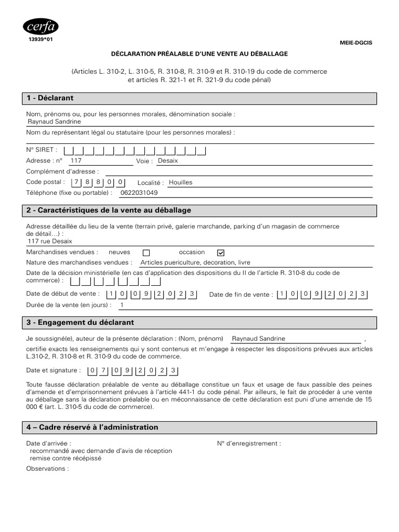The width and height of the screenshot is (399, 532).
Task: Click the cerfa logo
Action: (x=41, y=26)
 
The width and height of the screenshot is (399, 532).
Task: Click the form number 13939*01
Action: (x=41, y=39)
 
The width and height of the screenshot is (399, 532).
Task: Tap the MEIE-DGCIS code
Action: (x=356, y=43)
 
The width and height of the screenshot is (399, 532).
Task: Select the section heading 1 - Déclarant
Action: (x=50, y=98)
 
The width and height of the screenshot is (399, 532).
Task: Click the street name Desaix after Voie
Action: (x=168, y=161)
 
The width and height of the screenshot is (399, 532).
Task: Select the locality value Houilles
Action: (x=181, y=182)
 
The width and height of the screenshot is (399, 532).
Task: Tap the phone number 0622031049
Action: (x=139, y=193)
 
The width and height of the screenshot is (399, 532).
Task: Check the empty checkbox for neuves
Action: (x=146, y=253)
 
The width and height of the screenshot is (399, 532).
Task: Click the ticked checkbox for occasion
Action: (x=220, y=252)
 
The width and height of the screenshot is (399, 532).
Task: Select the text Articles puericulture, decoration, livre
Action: (x=192, y=263)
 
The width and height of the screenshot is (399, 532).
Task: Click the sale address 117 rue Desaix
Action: (x=50, y=242)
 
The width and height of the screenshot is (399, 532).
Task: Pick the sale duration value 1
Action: (x=122, y=305)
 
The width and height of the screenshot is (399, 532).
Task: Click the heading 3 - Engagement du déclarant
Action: (x=80, y=323)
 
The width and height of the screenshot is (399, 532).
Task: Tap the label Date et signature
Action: (x=54, y=370)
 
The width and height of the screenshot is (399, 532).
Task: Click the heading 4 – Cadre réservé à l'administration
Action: (x=92, y=427)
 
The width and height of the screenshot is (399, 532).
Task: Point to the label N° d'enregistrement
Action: (x=249, y=444)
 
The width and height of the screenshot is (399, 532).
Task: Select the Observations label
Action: (x=47, y=468)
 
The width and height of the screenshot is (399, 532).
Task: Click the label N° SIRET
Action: (x=42, y=150)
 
